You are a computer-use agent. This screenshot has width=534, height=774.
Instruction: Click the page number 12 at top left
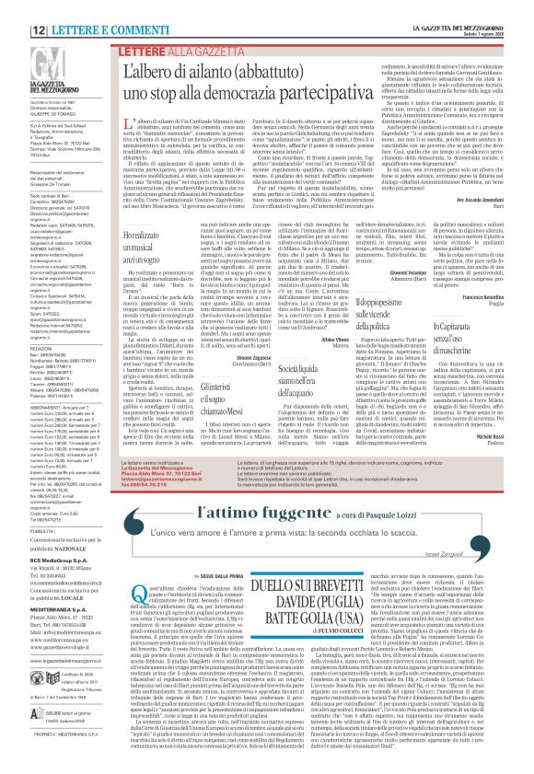pyautogui.click(x=17, y=6)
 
